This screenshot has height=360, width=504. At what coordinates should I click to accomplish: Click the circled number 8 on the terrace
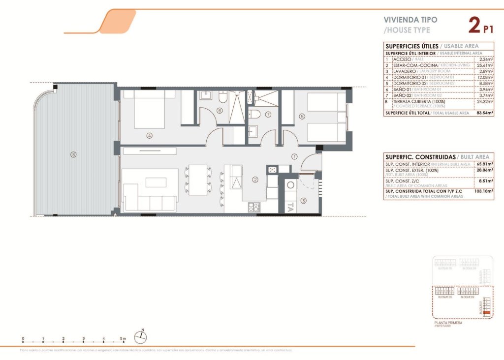pos(73,154)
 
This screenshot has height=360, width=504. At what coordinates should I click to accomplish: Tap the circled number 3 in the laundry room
pos(303,200)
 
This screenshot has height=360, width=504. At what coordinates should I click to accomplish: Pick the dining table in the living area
pos(198,179)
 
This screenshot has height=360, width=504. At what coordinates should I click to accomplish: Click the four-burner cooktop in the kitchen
pos(253,208)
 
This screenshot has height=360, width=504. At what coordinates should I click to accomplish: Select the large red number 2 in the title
pos(473,25)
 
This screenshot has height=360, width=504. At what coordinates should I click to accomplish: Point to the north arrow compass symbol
pos(142,336)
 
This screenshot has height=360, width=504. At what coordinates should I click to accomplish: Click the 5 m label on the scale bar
pos(123,339)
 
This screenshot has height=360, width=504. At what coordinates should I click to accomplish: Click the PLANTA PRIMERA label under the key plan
pos(448,323)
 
